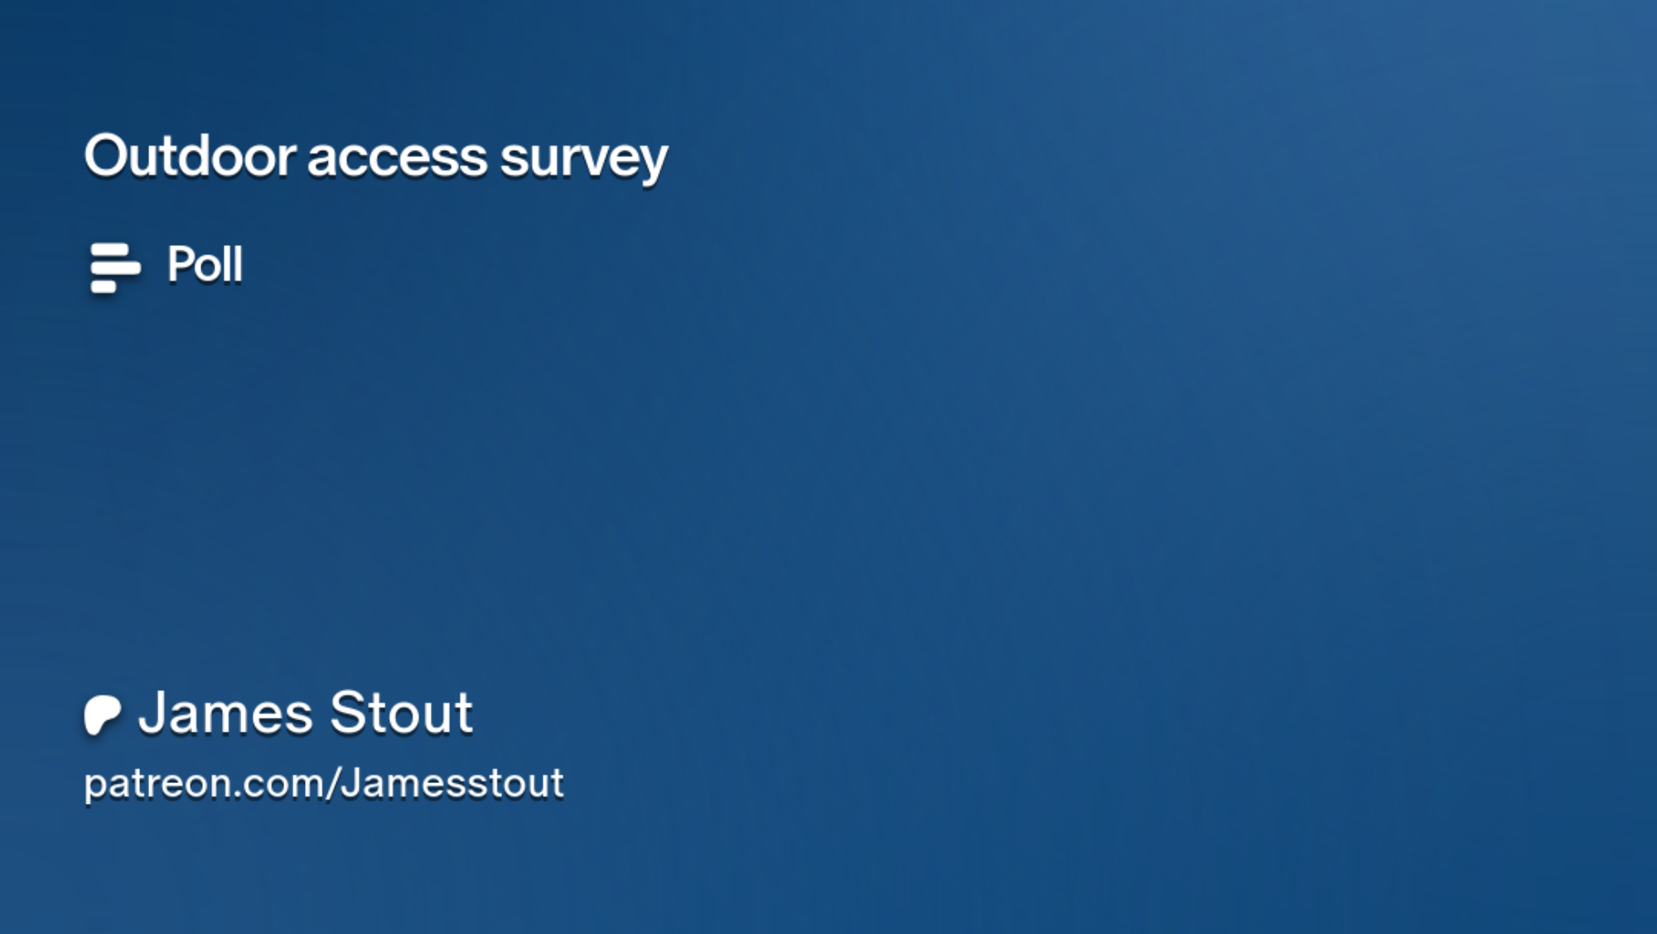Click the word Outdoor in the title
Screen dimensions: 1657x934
coord(190,156)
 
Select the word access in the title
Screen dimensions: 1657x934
coord(398,158)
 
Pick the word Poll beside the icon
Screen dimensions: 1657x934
coord(205,264)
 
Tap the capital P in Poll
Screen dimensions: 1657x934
coord(181,264)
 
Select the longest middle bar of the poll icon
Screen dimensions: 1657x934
coord(115,269)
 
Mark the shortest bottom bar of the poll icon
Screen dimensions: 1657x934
coord(104,287)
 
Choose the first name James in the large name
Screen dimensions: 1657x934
coord(225,713)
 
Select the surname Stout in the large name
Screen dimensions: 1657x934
coord(402,713)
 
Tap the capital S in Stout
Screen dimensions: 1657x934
coord(348,713)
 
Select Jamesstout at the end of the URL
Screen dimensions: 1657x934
coord(452,783)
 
